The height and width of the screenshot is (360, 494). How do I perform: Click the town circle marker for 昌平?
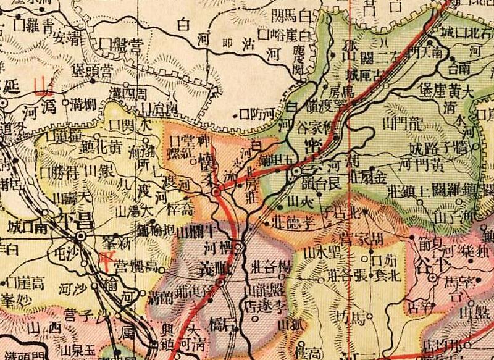[x=80, y=237]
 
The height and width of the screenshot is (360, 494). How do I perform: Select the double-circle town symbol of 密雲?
[x=296, y=170]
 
